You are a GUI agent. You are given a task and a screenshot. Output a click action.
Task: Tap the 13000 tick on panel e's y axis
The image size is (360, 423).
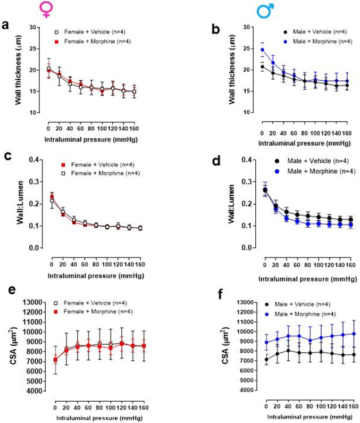[x=30, y=302]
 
